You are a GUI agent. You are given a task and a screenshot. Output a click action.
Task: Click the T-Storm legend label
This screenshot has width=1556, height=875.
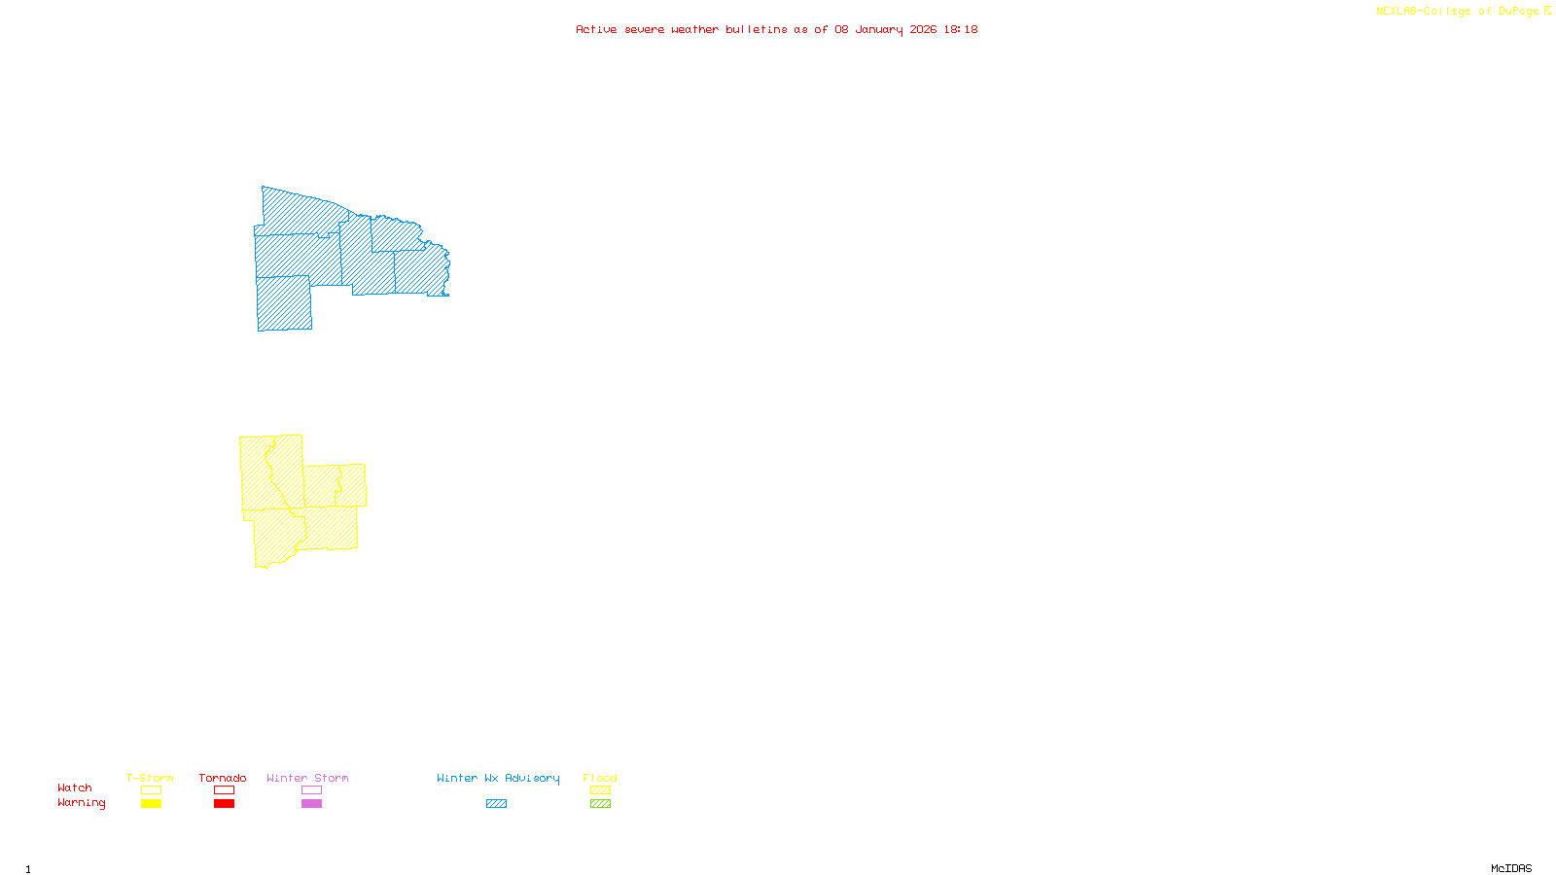pyautogui.click(x=150, y=778)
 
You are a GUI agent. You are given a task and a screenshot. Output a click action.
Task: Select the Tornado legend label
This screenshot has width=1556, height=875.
pyautogui.click(x=223, y=778)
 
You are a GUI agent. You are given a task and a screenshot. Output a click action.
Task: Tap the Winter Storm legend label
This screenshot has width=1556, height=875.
pyautogui.click(x=307, y=778)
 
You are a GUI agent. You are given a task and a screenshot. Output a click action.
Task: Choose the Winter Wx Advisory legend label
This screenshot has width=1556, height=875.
pyautogui.click(x=498, y=778)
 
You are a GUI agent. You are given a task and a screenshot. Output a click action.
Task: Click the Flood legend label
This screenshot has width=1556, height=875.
pyautogui.click(x=600, y=778)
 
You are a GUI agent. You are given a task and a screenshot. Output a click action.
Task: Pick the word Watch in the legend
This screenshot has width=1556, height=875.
pyautogui.click(x=75, y=787)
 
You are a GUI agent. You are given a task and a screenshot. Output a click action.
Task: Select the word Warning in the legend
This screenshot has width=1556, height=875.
pyautogui.click(x=81, y=803)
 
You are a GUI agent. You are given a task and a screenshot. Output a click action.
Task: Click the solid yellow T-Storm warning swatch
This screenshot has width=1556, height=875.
pyautogui.click(x=151, y=804)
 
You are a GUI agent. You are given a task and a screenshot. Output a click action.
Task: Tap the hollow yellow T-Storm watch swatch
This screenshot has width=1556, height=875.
pyautogui.click(x=151, y=790)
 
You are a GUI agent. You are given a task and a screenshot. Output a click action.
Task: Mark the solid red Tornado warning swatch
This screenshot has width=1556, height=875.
pyautogui.click(x=224, y=804)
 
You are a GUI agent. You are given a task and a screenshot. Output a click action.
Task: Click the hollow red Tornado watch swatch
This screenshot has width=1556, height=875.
pyautogui.click(x=224, y=790)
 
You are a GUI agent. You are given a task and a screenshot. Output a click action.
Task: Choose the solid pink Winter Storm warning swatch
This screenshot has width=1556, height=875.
pyautogui.click(x=311, y=804)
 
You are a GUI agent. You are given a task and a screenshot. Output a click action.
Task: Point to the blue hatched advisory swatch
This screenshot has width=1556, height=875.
pyautogui.click(x=496, y=804)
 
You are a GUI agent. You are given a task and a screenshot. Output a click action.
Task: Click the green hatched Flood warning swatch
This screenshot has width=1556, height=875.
pyautogui.click(x=600, y=804)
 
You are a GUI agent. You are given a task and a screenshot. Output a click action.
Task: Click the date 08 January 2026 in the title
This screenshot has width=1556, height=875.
pyautogui.click(x=885, y=29)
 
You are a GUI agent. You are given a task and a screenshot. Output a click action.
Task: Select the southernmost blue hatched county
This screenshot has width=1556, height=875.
pyautogui.click(x=284, y=303)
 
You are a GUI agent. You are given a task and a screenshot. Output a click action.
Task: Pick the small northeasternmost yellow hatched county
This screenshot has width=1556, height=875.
pyautogui.click(x=352, y=484)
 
